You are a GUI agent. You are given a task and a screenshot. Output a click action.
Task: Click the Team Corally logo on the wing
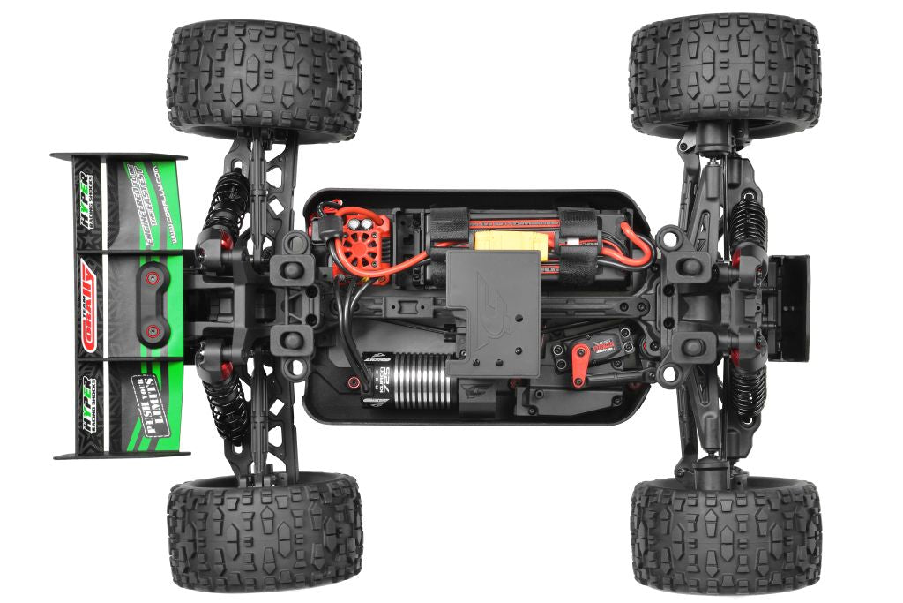point(92,306)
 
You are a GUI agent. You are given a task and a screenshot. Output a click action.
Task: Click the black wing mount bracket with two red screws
point(153,305)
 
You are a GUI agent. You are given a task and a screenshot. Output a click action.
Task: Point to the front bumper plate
point(789,307)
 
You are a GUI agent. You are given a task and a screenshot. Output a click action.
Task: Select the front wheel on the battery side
point(726,75)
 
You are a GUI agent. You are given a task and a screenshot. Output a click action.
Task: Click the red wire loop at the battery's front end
point(638,244)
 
